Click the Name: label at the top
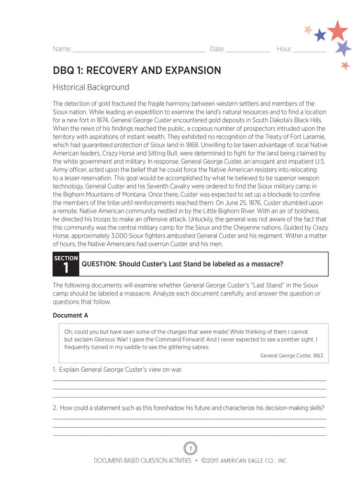tap(62, 49)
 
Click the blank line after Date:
tap(248, 50)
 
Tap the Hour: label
tap(284, 49)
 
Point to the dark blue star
tap(320, 35)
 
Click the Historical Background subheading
tap(91, 87)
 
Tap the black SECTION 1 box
tap(66, 264)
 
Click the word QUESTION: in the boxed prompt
tap(99, 264)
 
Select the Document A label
tap(70, 315)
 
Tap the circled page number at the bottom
tap(190, 448)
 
